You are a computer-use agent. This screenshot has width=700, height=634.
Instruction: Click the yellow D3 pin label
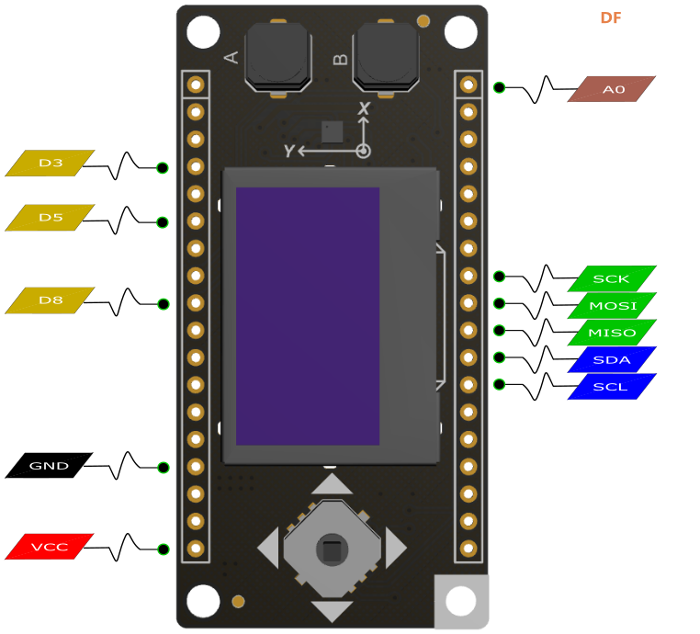click(x=50, y=163)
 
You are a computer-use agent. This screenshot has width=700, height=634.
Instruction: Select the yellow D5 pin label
click(x=50, y=218)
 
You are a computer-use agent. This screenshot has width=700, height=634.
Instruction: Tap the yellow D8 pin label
click(x=50, y=300)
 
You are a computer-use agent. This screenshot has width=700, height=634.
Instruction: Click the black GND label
click(x=49, y=466)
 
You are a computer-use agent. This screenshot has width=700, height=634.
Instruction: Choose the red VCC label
click(x=50, y=547)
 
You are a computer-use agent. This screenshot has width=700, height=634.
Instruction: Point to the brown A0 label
click(x=612, y=89)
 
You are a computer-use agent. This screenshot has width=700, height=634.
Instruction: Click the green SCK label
click(x=612, y=278)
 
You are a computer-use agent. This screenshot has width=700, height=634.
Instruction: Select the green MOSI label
click(x=612, y=305)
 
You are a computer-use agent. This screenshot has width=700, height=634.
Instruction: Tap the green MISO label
click(x=612, y=333)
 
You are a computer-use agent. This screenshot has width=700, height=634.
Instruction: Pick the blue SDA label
click(x=612, y=359)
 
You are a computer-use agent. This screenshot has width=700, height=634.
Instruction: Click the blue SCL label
click(x=612, y=386)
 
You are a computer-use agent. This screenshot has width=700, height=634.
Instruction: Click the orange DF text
click(x=611, y=17)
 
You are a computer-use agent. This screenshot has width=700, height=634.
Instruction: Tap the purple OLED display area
click(x=308, y=316)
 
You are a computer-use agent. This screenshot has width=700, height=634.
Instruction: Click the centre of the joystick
click(x=332, y=549)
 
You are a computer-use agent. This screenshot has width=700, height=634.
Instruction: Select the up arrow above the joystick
click(x=332, y=484)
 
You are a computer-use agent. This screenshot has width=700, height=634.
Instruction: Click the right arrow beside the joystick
click(x=396, y=549)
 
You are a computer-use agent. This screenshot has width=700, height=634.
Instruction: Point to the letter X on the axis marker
click(x=365, y=108)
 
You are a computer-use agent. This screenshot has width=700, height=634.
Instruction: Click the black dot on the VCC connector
click(x=164, y=549)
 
